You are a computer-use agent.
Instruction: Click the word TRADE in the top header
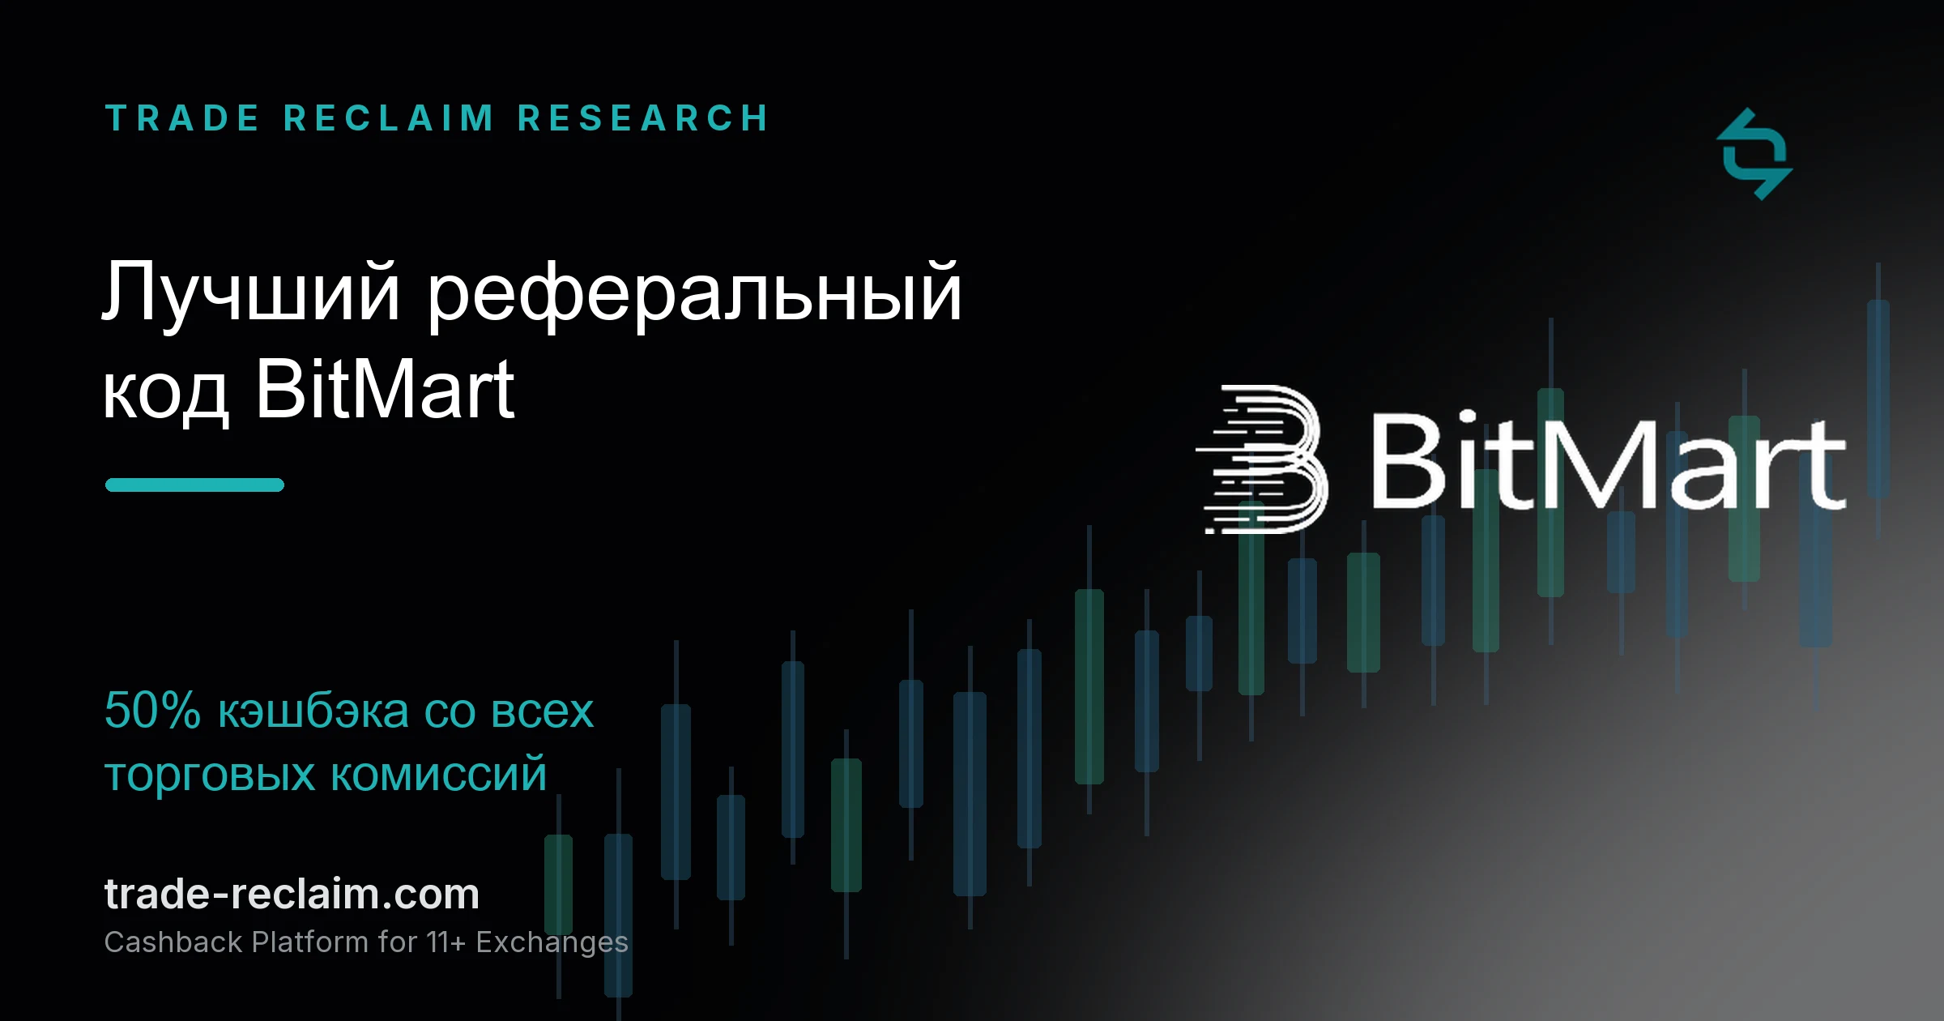(182, 118)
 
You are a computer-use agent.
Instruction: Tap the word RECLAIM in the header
(389, 118)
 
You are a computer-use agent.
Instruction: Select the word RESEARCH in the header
(643, 118)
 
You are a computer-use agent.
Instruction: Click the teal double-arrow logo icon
(1754, 154)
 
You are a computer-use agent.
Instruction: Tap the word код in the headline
(165, 391)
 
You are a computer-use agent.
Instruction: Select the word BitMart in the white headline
(385, 389)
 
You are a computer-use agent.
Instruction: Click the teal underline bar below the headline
(194, 485)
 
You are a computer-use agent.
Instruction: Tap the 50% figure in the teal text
(152, 711)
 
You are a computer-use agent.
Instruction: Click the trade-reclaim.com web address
(292, 894)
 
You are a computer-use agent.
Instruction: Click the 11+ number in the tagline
(446, 942)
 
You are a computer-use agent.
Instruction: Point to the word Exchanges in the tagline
(552, 943)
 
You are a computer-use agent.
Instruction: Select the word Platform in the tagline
(310, 942)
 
